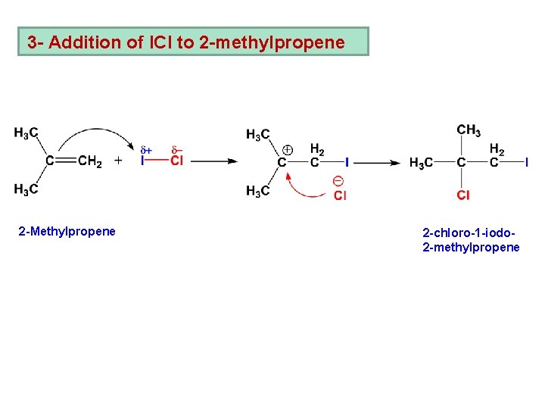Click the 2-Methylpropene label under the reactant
pyautogui.click(x=67, y=231)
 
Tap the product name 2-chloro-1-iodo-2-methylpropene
pyautogui.click(x=471, y=239)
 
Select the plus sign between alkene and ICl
pyautogui.click(x=118, y=161)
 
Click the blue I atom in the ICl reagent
pyautogui.click(x=142, y=161)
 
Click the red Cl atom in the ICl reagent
pyautogui.click(x=176, y=161)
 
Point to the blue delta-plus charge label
pyautogui.click(x=145, y=149)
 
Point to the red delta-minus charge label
pyautogui.click(x=176, y=149)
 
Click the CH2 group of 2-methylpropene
pyautogui.click(x=90, y=161)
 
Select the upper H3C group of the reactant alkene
pyautogui.click(x=26, y=134)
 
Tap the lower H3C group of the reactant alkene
pyautogui.click(x=26, y=189)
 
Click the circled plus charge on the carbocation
pyautogui.click(x=288, y=149)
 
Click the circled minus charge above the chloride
pyautogui.click(x=338, y=181)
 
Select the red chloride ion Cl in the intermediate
pyautogui.click(x=340, y=195)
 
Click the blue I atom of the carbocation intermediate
pyautogui.click(x=347, y=162)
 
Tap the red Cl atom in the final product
pyautogui.click(x=462, y=195)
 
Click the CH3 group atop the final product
pyautogui.click(x=469, y=130)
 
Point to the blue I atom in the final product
pyautogui.click(x=526, y=162)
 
